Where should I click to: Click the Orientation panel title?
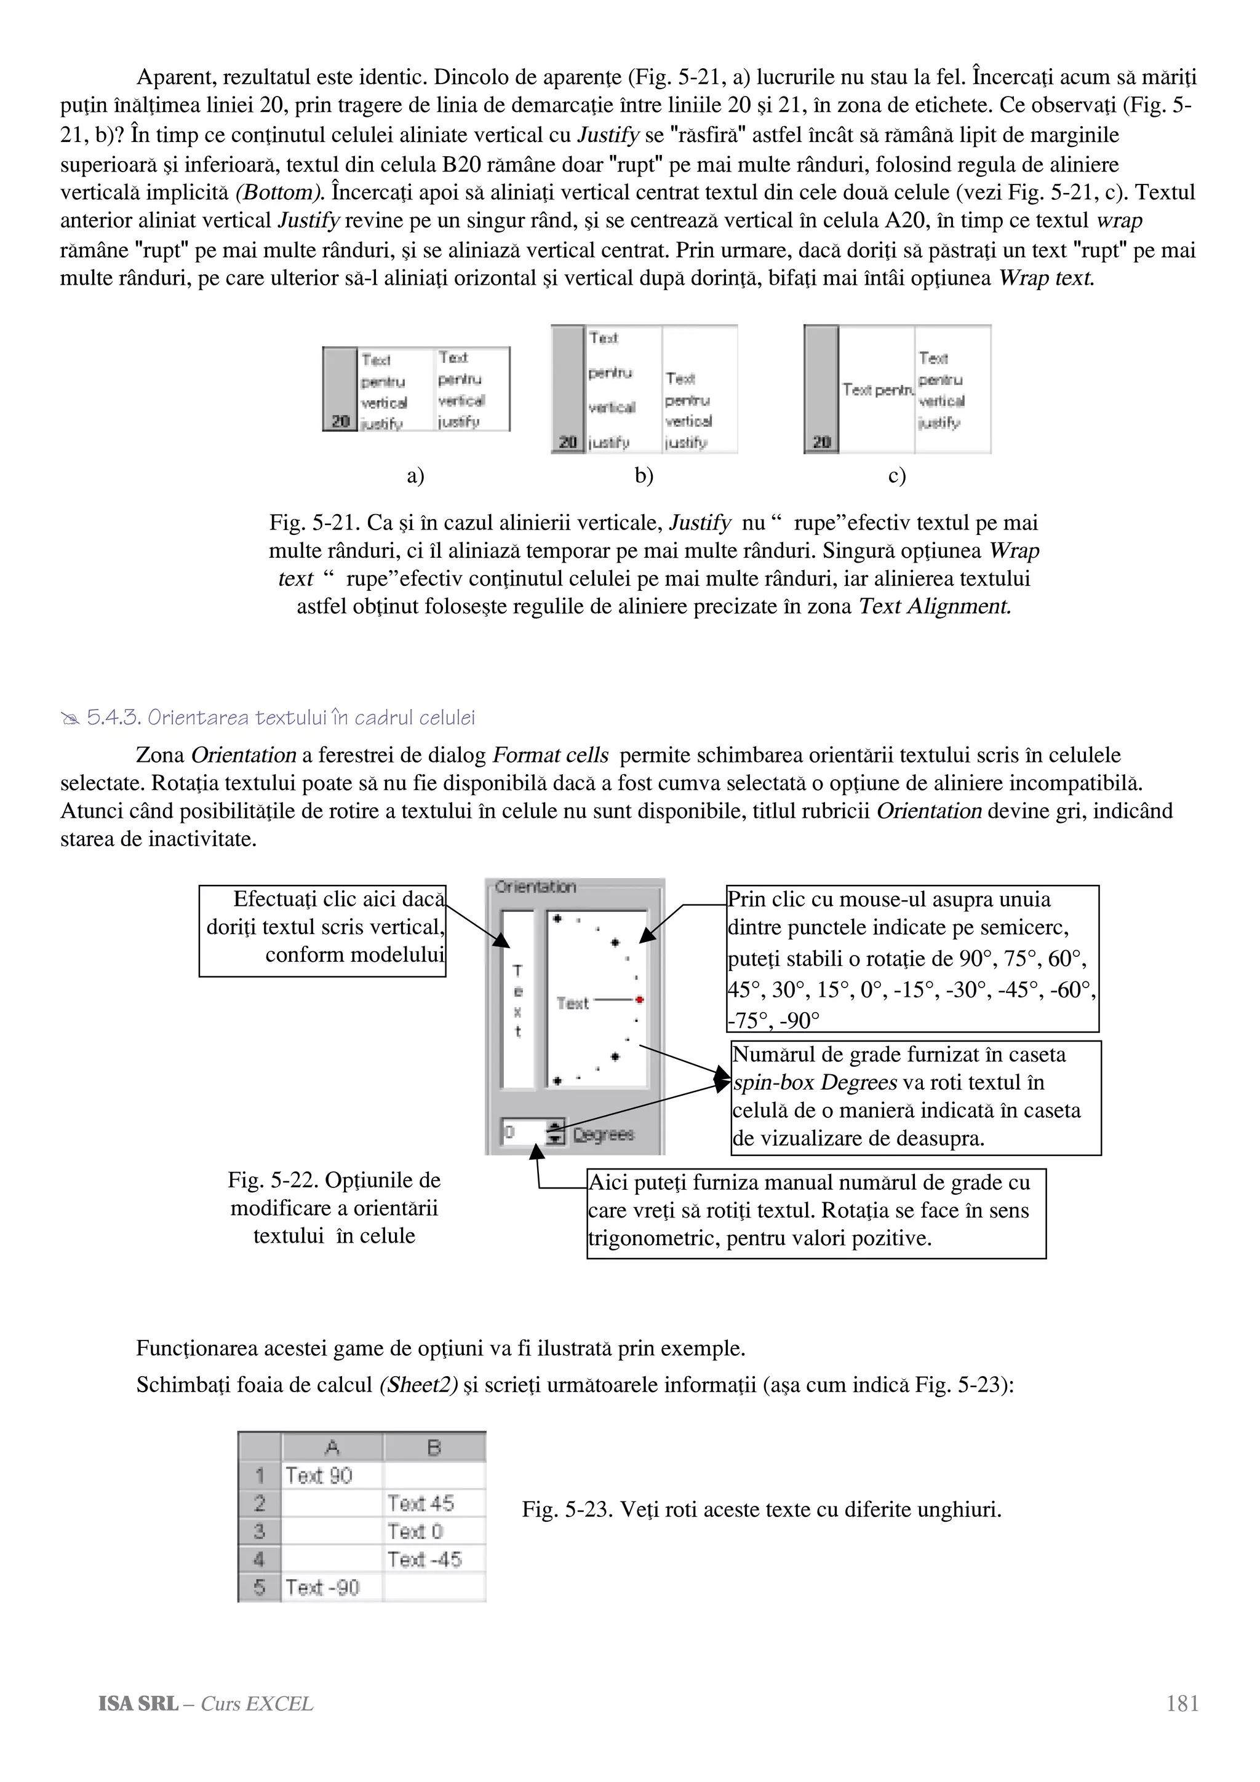[535, 887]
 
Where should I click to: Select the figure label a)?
[415, 476]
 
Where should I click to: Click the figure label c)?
[896, 476]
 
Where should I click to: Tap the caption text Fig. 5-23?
[761, 1510]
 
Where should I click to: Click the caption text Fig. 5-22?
[334, 1208]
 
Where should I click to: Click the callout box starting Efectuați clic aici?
[322, 930]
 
